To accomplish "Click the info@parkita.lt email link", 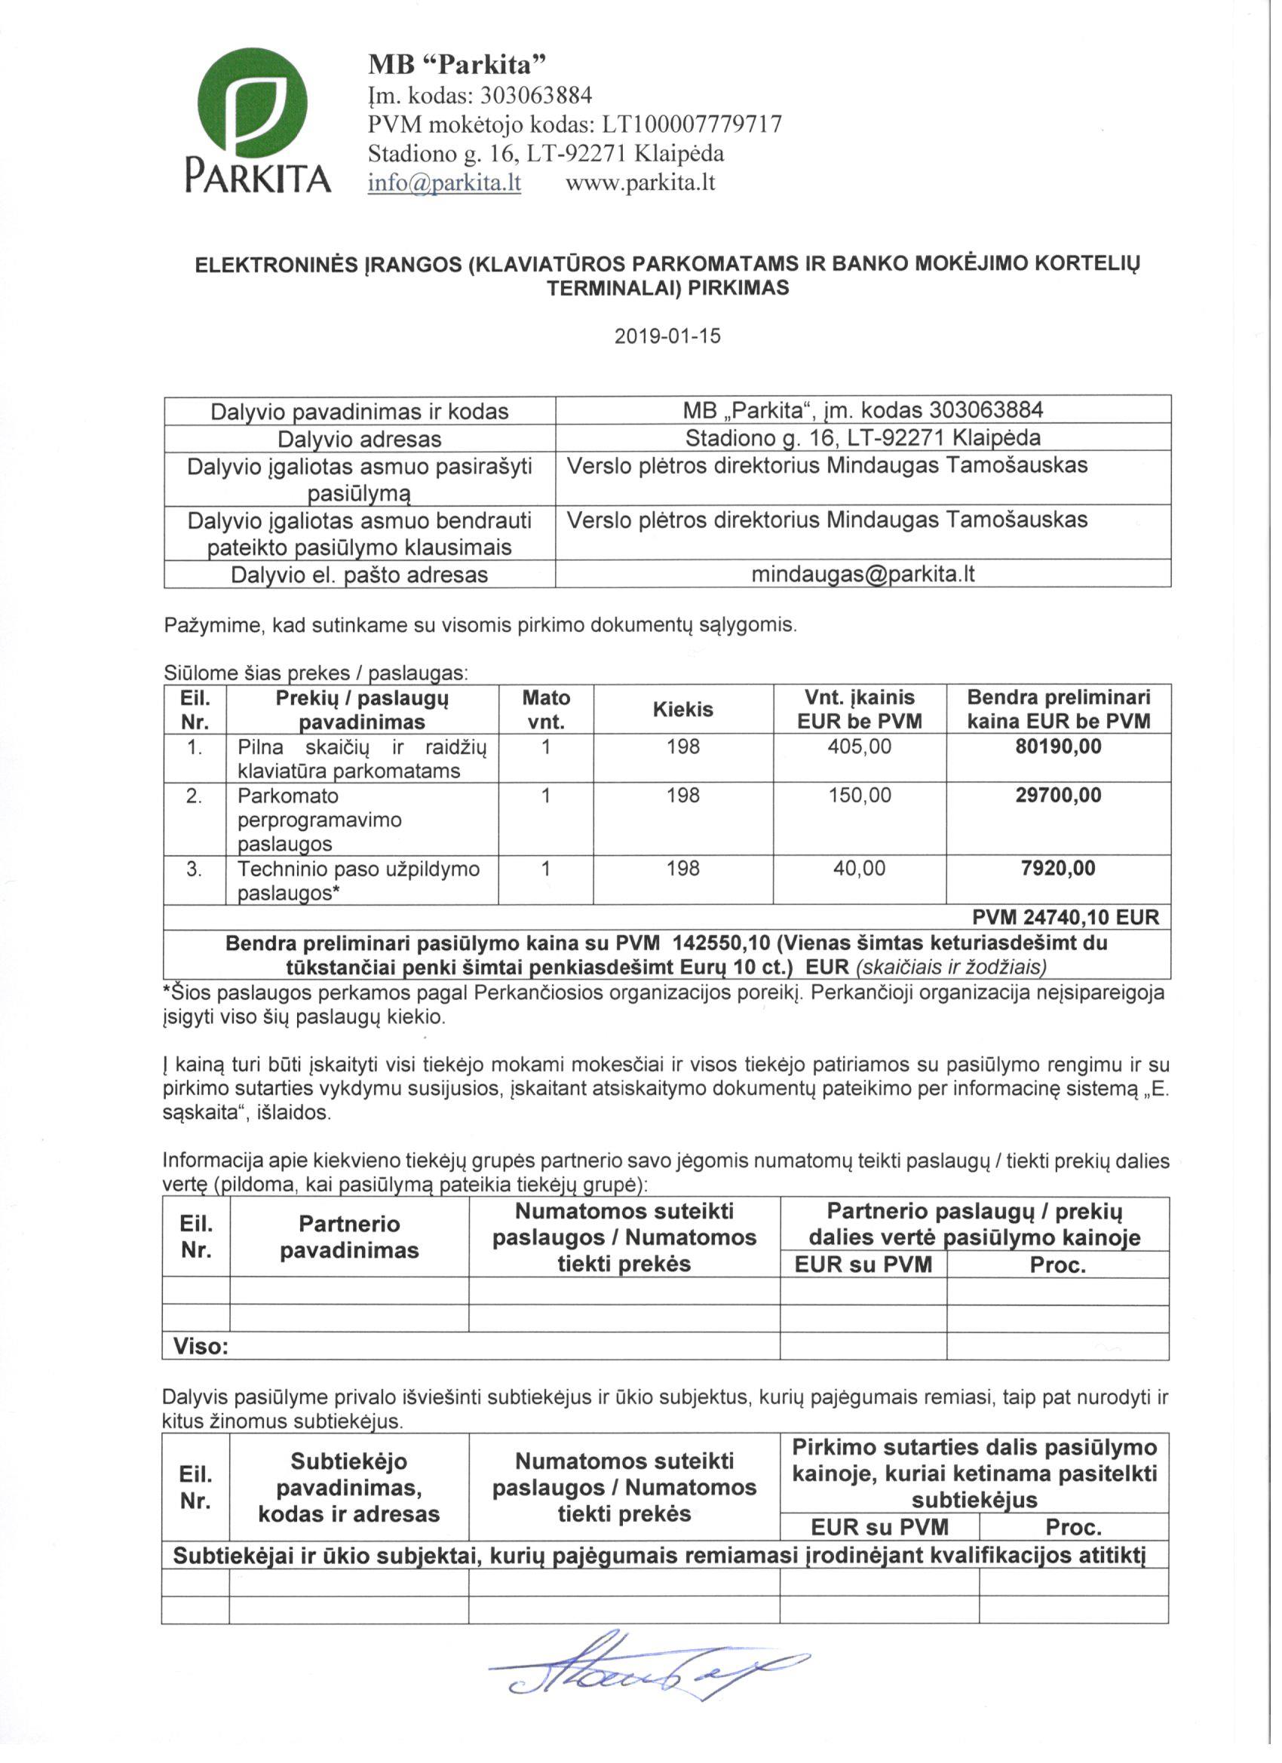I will click(x=444, y=183).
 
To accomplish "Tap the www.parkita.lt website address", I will click(x=639, y=183).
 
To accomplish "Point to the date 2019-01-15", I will click(x=668, y=336).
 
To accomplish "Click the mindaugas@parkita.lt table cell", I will click(x=862, y=575).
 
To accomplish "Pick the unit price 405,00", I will click(x=859, y=747).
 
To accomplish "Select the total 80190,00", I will click(x=1058, y=747).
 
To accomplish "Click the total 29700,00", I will click(x=1058, y=796).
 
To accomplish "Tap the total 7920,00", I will click(x=1058, y=868).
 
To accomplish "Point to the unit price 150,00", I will click(x=859, y=796).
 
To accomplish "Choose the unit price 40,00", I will click(x=859, y=868).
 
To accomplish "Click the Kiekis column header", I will click(x=682, y=710).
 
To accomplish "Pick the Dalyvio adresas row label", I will click(x=359, y=439).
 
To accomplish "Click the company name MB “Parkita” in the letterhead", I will click(x=458, y=65).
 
